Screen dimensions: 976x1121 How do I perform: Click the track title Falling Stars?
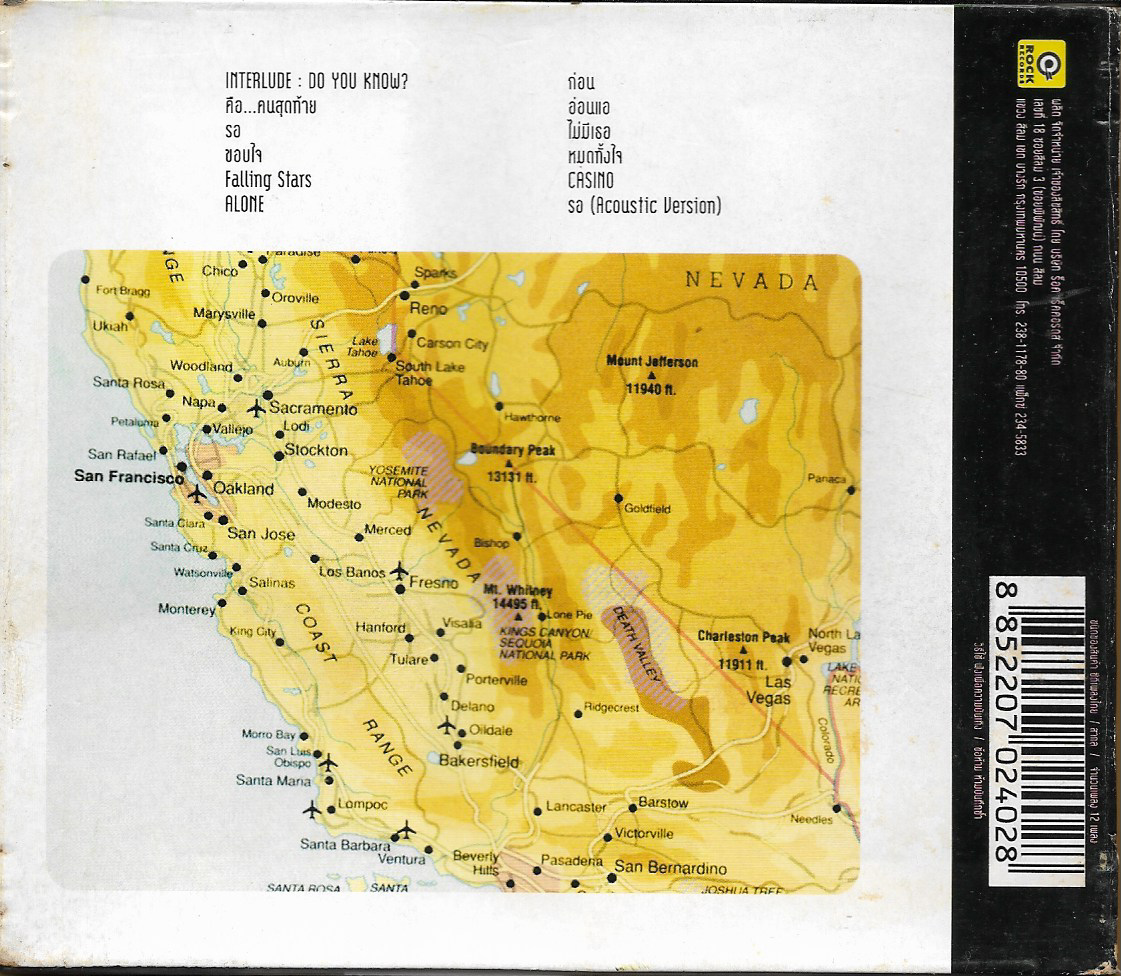click(268, 180)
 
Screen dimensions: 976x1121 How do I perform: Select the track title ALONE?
click(245, 204)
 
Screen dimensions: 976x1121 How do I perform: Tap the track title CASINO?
click(590, 181)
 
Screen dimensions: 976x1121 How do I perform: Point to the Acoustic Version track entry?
click(643, 206)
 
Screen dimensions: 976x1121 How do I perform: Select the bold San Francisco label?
click(128, 478)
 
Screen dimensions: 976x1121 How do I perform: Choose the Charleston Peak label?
click(743, 637)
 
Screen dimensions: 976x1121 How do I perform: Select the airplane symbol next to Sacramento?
click(256, 408)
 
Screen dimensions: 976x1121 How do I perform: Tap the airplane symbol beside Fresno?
click(400, 571)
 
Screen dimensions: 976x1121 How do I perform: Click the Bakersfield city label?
click(480, 761)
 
